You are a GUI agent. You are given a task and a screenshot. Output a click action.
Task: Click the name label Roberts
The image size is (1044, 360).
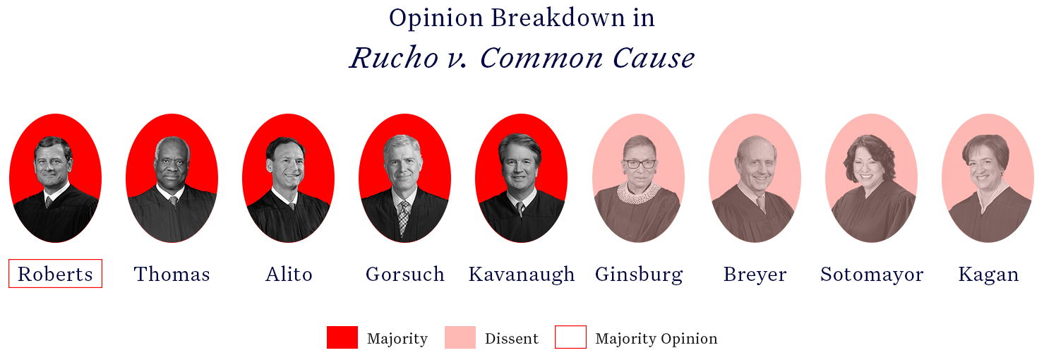pyautogui.click(x=55, y=274)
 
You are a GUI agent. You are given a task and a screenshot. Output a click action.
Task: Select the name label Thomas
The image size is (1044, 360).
pyautogui.click(x=172, y=274)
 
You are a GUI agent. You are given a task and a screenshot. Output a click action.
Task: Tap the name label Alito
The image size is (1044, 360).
pyautogui.click(x=289, y=274)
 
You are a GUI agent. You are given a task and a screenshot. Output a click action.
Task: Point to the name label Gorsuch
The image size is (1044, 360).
pyautogui.click(x=404, y=274)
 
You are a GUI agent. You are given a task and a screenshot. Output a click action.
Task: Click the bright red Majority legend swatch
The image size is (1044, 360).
pyautogui.click(x=342, y=337)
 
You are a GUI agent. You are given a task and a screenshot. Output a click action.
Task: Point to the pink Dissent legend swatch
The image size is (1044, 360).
pyautogui.click(x=460, y=337)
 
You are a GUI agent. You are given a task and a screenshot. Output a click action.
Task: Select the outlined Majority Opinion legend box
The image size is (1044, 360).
pyautogui.click(x=570, y=337)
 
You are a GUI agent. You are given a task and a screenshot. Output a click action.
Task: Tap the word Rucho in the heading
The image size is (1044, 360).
pyautogui.click(x=394, y=58)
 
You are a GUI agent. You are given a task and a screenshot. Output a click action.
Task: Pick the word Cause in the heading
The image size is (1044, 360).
pyautogui.click(x=654, y=58)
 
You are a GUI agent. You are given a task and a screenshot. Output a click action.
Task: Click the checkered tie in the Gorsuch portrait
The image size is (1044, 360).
pyautogui.click(x=403, y=217)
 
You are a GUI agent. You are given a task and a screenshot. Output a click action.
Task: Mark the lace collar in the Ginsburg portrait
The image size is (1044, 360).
pyautogui.click(x=639, y=193)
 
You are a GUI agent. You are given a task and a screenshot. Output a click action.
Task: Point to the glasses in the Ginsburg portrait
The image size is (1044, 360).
pyautogui.click(x=640, y=164)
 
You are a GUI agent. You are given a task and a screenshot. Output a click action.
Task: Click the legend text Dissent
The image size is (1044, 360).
pyautogui.click(x=511, y=338)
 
